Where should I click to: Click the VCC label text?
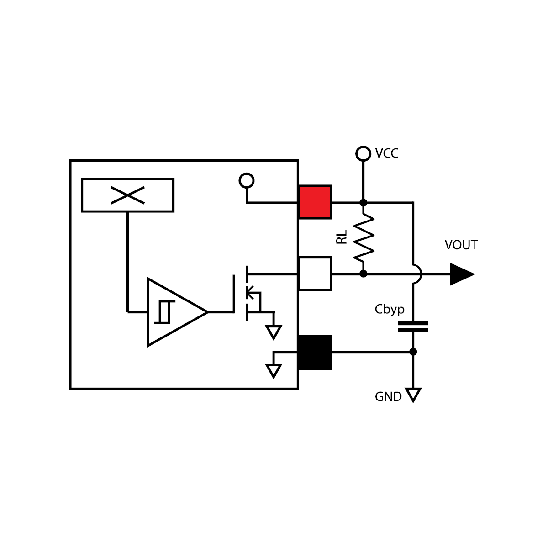(x=386, y=153)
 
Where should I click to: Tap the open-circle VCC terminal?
(x=363, y=153)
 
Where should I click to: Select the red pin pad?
(x=315, y=202)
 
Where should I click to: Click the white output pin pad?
(x=315, y=274)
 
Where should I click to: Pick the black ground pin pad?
(x=315, y=352)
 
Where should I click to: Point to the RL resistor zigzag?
(x=364, y=237)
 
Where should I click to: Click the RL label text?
(x=342, y=237)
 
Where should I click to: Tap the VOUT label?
(x=461, y=245)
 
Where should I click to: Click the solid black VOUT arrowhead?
(x=461, y=274)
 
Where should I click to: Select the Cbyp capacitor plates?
(x=413, y=327)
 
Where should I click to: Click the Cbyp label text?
(x=389, y=310)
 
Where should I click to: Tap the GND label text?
(x=388, y=397)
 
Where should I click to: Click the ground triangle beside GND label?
(x=413, y=394)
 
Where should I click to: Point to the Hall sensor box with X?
(x=127, y=195)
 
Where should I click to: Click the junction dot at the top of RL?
(x=363, y=202)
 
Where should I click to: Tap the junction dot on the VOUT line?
(x=363, y=274)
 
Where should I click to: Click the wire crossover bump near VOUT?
(x=417, y=274)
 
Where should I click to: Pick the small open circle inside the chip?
(x=247, y=181)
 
